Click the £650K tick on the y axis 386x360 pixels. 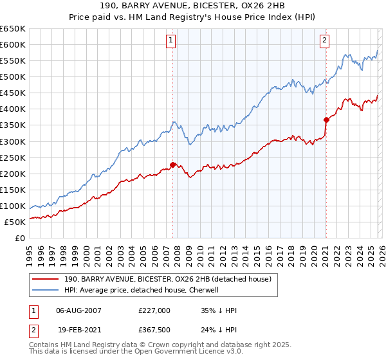(x=13, y=29)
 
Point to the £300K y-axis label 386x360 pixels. (x=13, y=141)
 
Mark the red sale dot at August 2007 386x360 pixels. (x=172, y=165)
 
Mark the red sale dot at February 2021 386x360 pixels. (x=326, y=119)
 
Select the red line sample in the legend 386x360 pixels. (x=46, y=279)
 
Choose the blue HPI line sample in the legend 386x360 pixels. (x=46, y=290)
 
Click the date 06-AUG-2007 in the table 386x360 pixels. (x=79, y=310)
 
